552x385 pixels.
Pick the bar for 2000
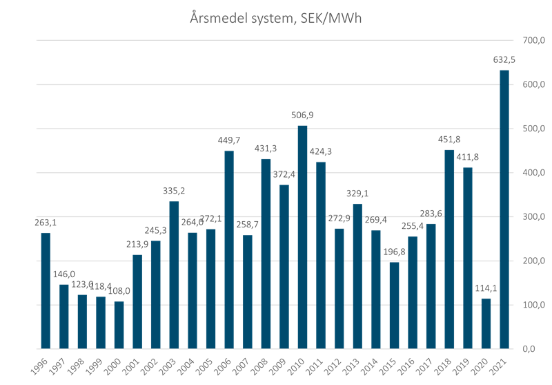click(x=119, y=324)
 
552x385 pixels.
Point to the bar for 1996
click(x=46, y=290)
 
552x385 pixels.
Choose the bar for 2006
click(x=229, y=250)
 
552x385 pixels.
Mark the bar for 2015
click(x=394, y=305)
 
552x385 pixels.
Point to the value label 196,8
click(x=394, y=251)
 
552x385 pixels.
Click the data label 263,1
click(x=46, y=222)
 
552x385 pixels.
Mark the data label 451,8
click(x=449, y=139)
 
